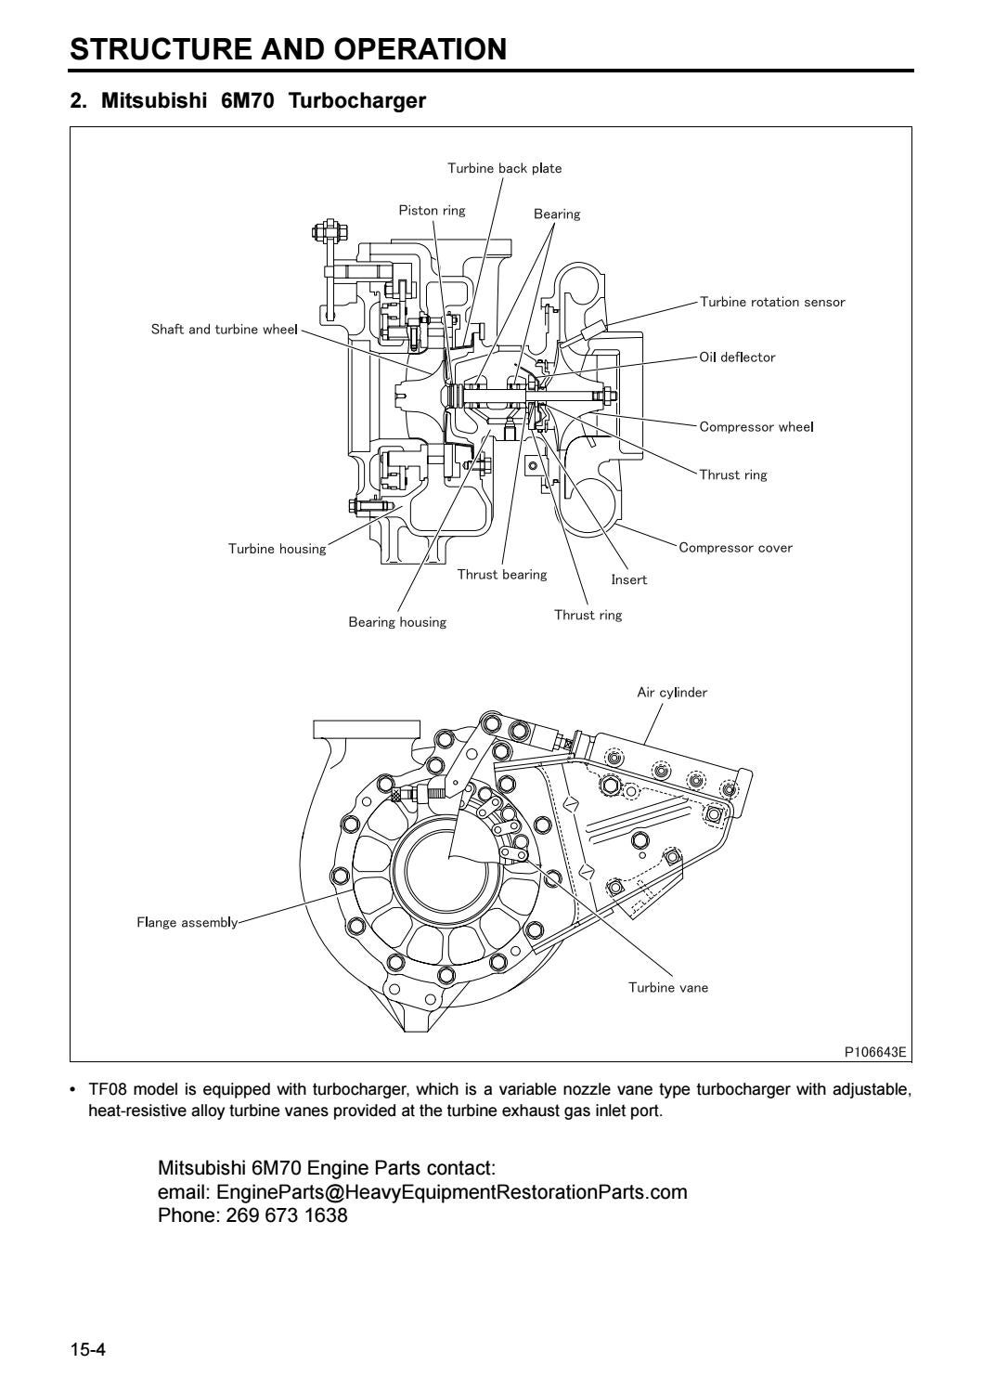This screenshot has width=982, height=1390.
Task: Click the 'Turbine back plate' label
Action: click(504, 168)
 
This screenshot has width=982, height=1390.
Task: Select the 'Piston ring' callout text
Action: click(432, 210)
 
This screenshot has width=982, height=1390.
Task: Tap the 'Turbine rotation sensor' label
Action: click(771, 302)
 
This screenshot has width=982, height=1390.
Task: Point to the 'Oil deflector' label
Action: click(737, 357)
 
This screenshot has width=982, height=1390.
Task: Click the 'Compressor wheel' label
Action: click(756, 427)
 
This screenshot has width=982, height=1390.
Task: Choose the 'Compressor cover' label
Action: click(735, 548)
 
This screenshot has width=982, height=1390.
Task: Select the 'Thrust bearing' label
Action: click(501, 575)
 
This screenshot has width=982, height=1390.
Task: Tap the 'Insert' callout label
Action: click(628, 580)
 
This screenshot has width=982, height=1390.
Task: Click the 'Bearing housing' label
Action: click(397, 622)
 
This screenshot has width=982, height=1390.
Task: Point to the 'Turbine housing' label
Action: click(277, 549)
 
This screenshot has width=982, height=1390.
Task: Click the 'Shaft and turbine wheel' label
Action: click(224, 330)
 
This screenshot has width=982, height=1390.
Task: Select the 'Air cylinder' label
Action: click(671, 693)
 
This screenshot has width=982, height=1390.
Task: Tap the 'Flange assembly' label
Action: click(187, 923)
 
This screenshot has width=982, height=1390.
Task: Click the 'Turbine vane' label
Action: click(667, 988)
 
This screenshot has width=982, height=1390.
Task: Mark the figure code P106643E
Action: click(874, 1052)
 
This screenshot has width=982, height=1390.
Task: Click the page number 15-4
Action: click(88, 1349)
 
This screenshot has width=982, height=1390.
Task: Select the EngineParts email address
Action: click(451, 1192)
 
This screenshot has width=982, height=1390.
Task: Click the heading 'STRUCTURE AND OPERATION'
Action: click(289, 49)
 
